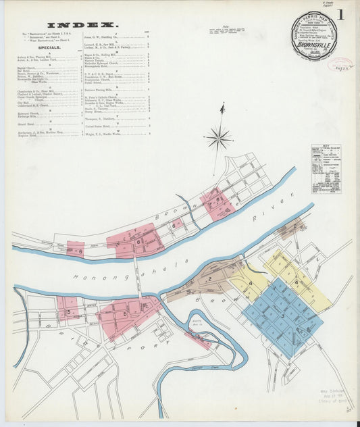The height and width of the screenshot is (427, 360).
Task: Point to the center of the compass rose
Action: click(x=218, y=139)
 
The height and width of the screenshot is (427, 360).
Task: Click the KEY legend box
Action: click(x=326, y=168)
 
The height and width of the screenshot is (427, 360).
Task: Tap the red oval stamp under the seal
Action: click(x=340, y=65)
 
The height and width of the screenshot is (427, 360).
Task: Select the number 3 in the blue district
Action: click(x=282, y=315)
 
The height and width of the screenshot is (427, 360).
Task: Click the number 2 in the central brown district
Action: click(x=209, y=278)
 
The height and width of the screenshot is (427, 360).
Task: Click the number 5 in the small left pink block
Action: click(x=68, y=311)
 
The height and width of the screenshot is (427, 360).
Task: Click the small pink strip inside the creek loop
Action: click(x=198, y=341)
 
